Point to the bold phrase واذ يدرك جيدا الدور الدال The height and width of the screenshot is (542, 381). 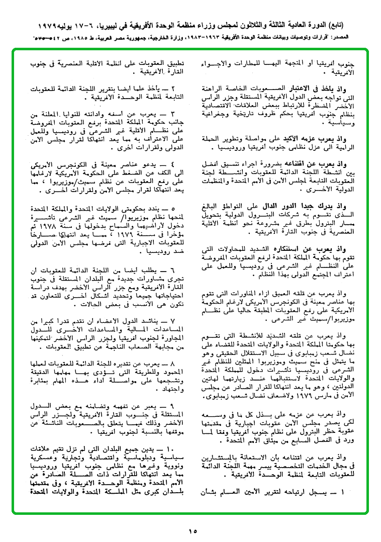(x=319, y=206)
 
